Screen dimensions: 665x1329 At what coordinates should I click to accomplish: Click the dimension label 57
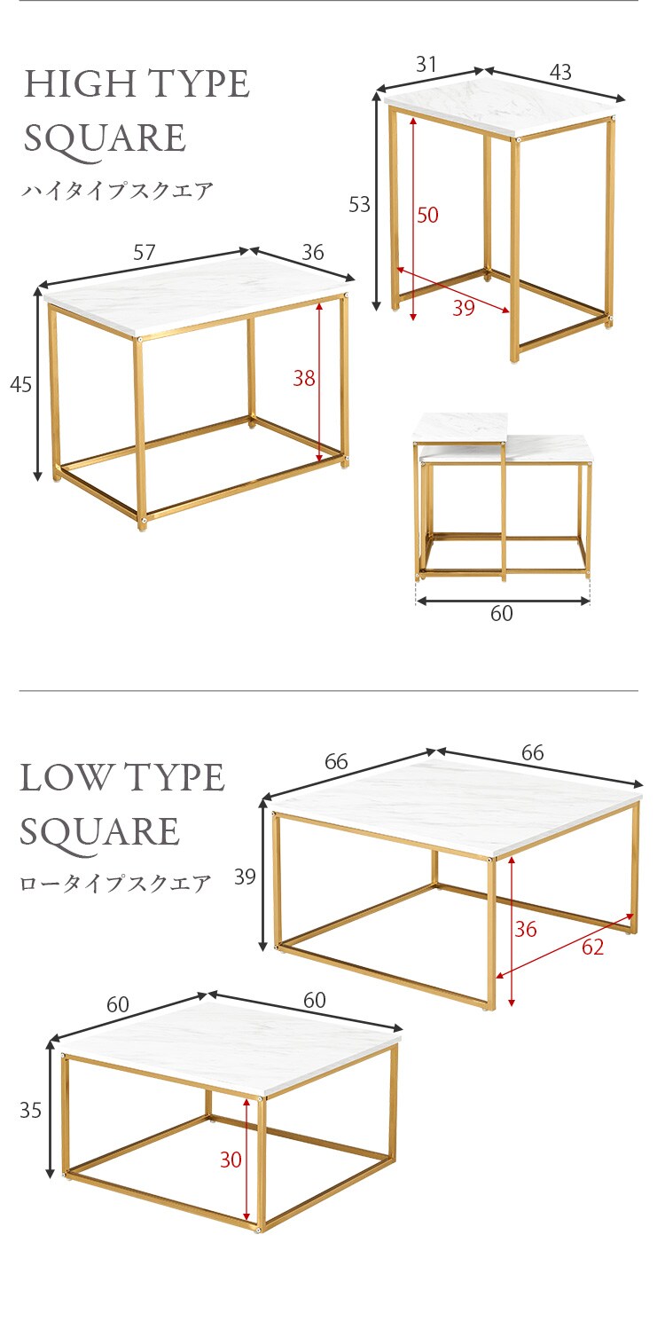[x=145, y=252]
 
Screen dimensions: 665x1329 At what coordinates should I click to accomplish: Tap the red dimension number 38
[x=304, y=378]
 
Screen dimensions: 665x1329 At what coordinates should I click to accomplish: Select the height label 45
[x=20, y=384]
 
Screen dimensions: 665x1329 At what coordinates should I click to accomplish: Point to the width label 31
[x=426, y=64]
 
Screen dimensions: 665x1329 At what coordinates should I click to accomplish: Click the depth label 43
[x=560, y=72]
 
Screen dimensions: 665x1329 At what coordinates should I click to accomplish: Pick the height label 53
[x=359, y=204]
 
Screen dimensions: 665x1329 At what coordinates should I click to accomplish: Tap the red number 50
[x=427, y=214]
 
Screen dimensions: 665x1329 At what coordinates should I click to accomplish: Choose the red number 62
[x=592, y=947]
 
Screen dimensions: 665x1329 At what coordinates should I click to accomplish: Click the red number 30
[x=231, y=1160]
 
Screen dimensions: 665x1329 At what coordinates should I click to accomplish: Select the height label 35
[x=30, y=1110]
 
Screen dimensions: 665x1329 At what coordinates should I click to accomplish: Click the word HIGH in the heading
[x=80, y=83]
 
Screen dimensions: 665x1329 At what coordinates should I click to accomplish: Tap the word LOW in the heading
[x=66, y=777]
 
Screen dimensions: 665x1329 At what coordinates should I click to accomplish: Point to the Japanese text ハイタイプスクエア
[x=117, y=191]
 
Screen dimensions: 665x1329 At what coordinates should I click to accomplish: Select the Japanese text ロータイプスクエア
[x=115, y=883]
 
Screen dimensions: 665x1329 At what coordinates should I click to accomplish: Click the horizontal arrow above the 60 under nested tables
[x=503, y=601]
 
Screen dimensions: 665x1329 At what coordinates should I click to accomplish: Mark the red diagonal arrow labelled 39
[x=453, y=289]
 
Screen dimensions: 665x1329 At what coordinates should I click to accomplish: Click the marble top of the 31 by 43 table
[x=502, y=106]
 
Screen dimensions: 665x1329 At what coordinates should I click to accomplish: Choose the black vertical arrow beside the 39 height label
[x=264, y=875]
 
